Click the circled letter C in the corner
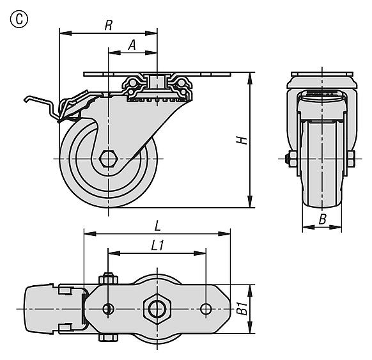pyautogui.click(x=19, y=19)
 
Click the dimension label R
pyautogui.click(x=109, y=25)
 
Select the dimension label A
pyautogui.click(x=132, y=45)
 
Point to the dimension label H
pyautogui.click(x=242, y=140)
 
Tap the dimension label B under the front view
pyautogui.click(x=322, y=219)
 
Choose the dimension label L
pyautogui.click(x=157, y=226)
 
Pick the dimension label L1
pyautogui.click(x=157, y=246)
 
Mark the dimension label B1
pyautogui.click(x=242, y=308)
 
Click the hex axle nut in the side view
pyautogui.click(x=109, y=159)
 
